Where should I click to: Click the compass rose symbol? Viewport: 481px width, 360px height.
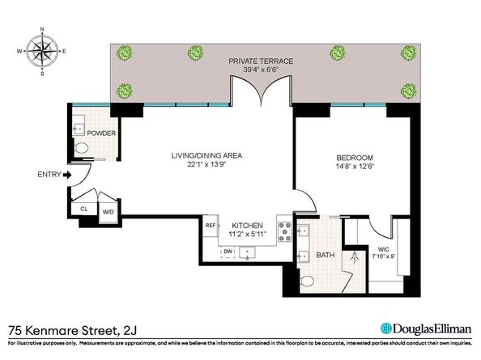[x=42, y=51]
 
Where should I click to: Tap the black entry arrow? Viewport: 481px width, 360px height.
[x=67, y=175]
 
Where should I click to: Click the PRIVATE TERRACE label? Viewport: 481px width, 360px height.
[x=261, y=61]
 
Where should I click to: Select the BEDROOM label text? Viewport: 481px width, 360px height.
[x=355, y=158]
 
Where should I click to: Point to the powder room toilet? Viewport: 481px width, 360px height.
[x=80, y=148]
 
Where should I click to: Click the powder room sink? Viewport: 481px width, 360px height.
[x=79, y=129]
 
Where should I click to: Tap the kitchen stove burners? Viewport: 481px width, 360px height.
[x=284, y=232]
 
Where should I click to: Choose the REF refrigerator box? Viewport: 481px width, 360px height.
[x=211, y=226]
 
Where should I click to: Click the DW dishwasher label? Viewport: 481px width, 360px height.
[x=228, y=252]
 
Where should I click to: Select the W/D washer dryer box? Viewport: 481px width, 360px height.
[x=108, y=212]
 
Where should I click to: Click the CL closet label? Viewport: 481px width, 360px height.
[x=84, y=209]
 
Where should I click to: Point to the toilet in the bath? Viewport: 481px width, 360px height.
[x=307, y=281]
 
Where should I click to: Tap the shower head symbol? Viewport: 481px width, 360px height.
[x=355, y=257]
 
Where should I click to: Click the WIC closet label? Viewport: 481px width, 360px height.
[x=383, y=249]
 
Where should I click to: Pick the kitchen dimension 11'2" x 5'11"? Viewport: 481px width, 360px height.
[x=247, y=235]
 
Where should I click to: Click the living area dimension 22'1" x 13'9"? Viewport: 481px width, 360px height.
[x=206, y=164]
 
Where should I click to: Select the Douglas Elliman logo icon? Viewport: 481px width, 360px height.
[x=386, y=328]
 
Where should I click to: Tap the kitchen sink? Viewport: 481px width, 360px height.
[x=247, y=252]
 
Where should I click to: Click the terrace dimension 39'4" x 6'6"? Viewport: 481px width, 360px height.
[x=261, y=70]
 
